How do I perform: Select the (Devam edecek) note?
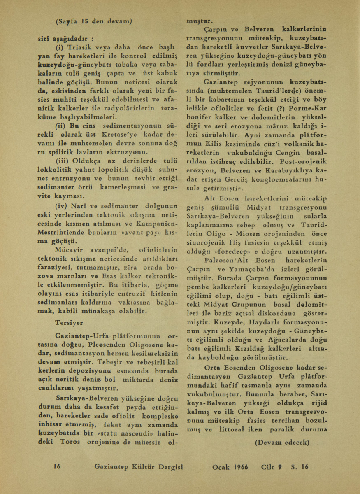pos(282,443)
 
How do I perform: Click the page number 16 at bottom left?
pos(57,466)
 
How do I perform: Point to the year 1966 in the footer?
pos(239,466)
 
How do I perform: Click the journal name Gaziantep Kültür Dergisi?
pos(138,467)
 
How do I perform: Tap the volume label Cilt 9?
pos(272,466)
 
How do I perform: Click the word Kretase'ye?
pos(131,134)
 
